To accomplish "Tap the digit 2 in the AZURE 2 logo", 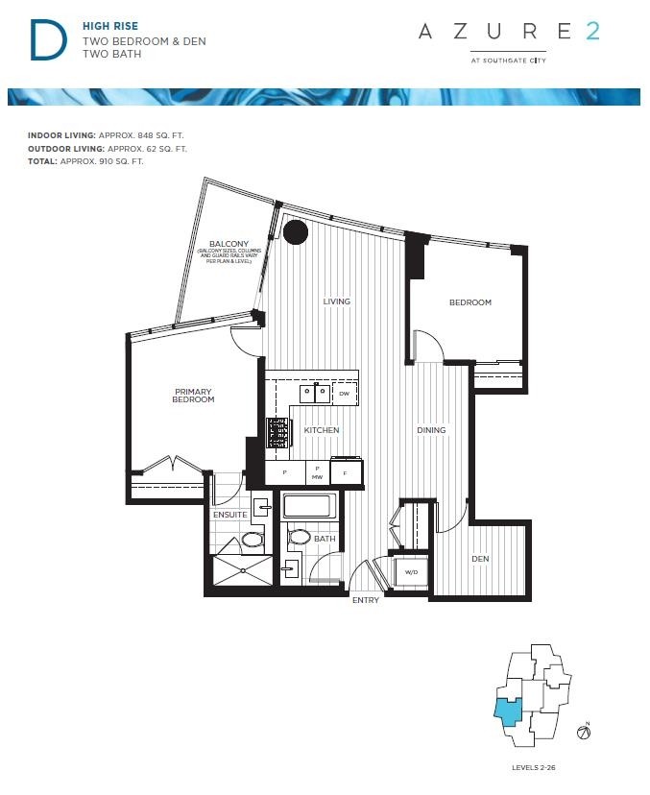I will pos(592,32).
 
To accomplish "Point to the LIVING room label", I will pos(336,301).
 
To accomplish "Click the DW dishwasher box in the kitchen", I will pos(344,394).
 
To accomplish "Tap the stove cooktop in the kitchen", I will pos(277,433).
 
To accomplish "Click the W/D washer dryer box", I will pos(412,573).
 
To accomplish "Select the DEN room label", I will pos(480,559).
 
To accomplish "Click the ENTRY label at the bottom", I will pos(366,600).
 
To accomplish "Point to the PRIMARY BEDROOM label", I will pos(194,396).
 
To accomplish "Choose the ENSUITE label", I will pos(230,515).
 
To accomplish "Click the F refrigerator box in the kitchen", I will pos(345,472).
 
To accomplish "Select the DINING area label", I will pos(431,430).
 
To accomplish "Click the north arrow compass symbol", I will pos(582,733).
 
